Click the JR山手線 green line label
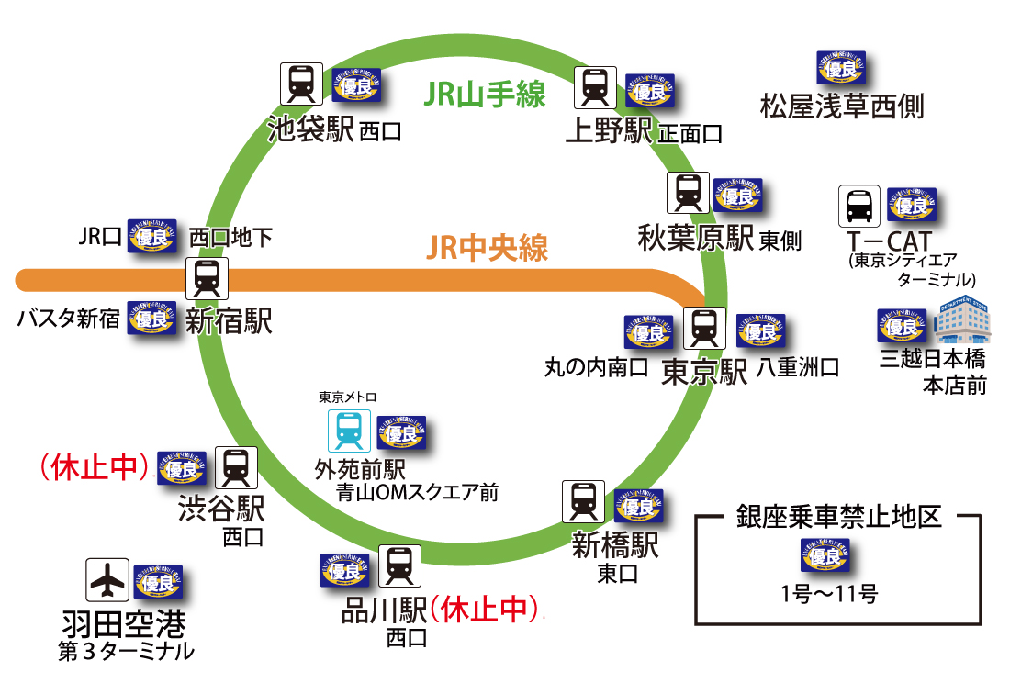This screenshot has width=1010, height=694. click(485, 95)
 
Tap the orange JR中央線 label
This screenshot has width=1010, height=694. click(488, 248)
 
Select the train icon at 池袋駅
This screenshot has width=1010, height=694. click(301, 84)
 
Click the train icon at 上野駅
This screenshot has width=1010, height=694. click(595, 88)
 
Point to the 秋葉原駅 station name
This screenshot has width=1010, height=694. click(696, 238)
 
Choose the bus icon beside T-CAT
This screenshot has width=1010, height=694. click(859, 207)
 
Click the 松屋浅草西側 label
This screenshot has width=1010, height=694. click(842, 107)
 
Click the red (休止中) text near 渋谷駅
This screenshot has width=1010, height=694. click(95, 466)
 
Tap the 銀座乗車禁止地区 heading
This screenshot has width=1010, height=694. click(839, 516)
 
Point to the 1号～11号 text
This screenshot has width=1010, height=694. click(829, 593)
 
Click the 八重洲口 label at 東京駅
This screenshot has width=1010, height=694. click(798, 369)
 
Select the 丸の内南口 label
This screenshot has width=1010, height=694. click(596, 369)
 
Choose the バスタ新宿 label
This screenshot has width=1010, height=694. click(68, 319)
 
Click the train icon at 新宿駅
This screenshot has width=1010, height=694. click(208, 277)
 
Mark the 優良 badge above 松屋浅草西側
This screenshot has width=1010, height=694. click(841, 69)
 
